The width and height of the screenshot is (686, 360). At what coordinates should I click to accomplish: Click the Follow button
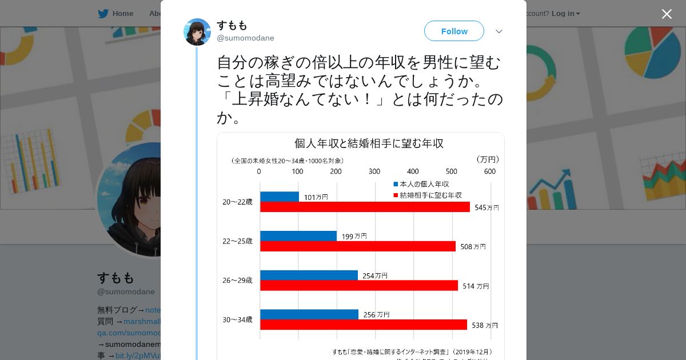454,31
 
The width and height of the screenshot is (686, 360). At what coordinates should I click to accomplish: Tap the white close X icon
667,14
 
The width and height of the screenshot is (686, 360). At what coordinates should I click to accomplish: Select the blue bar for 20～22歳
279,197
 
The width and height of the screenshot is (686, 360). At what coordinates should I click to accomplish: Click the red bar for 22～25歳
357,246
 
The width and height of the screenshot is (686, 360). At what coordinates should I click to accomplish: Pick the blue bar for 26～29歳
309,275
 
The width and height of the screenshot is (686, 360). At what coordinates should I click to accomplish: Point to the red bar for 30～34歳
363,325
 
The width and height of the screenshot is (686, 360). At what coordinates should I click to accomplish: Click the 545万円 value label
486,207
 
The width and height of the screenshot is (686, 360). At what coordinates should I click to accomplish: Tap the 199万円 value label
354,235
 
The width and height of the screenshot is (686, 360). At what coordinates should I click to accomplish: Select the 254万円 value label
374,275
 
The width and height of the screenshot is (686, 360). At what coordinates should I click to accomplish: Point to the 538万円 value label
484,325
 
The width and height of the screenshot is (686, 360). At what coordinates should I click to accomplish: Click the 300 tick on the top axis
374,171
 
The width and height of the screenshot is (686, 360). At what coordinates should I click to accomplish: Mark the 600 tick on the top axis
489,171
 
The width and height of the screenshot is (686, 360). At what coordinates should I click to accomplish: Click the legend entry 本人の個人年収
424,184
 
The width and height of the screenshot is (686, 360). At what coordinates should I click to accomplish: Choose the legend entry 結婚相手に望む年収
430,195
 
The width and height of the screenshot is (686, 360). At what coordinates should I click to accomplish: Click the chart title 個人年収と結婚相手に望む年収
369,143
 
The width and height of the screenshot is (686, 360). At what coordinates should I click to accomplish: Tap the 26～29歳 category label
237,281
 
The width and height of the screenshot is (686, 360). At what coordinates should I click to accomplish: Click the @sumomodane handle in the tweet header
245,38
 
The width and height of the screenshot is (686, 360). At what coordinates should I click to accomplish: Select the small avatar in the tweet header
197,32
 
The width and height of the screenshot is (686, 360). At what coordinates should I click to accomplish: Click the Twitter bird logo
103,14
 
